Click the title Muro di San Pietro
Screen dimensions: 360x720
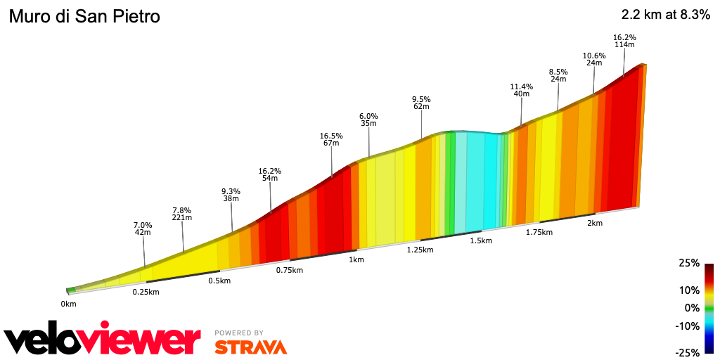coord(84,16)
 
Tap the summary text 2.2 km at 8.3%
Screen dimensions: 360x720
coord(666,15)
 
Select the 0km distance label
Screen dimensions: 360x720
coord(68,304)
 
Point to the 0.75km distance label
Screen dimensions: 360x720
coord(289,270)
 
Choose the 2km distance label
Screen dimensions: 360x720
coord(595,223)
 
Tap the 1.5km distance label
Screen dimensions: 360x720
coord(480,240)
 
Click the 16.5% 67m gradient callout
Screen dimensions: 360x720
coord(330,139)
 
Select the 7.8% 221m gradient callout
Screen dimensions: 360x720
coord(181,214)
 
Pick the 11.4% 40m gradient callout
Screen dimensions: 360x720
coord(521,90)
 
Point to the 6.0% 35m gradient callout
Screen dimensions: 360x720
coord(368,120)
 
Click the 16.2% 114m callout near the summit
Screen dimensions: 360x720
coord(624,41)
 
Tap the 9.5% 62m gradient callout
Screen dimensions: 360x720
coord(421,103)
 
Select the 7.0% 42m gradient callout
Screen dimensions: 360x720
coord(143,228)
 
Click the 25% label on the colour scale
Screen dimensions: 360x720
coord(689,263)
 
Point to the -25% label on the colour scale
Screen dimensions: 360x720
coord(688,352)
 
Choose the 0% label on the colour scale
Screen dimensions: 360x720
coord(692,308)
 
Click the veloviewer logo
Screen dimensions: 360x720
coord(103,340)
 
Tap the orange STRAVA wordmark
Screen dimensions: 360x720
coord(250,347)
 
